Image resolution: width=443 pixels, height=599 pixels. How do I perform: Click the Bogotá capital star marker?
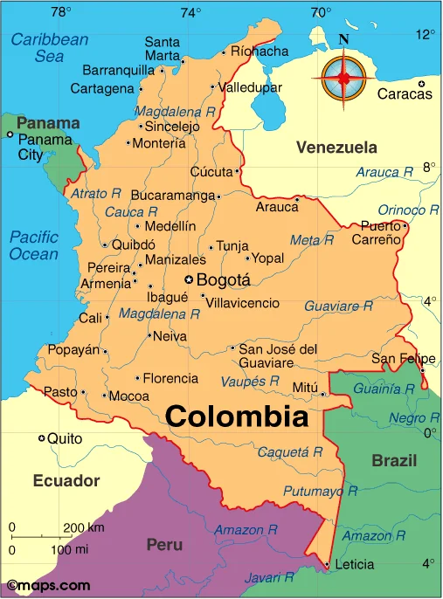188,280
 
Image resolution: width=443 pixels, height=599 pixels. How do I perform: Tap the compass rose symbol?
343,78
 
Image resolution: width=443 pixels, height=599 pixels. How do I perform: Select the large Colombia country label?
237,417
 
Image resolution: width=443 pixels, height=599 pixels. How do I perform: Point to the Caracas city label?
405,94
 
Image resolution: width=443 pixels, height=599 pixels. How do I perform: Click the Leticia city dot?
327,565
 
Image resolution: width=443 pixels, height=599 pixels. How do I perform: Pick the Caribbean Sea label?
50,47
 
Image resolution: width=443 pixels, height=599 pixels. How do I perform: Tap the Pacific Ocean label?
33,245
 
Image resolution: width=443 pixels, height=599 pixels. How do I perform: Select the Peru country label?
164,545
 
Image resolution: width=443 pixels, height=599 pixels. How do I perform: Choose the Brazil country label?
394,460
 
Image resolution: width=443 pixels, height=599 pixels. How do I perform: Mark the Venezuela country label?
336,148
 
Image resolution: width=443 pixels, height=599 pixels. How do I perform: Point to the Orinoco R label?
408,210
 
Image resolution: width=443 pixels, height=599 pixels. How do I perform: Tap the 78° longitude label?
61,12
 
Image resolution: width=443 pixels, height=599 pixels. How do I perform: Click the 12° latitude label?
426,34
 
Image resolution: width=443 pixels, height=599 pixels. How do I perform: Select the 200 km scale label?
84,527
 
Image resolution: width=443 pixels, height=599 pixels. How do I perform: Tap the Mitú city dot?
322,394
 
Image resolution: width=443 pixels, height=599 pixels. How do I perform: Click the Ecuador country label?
66,480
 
